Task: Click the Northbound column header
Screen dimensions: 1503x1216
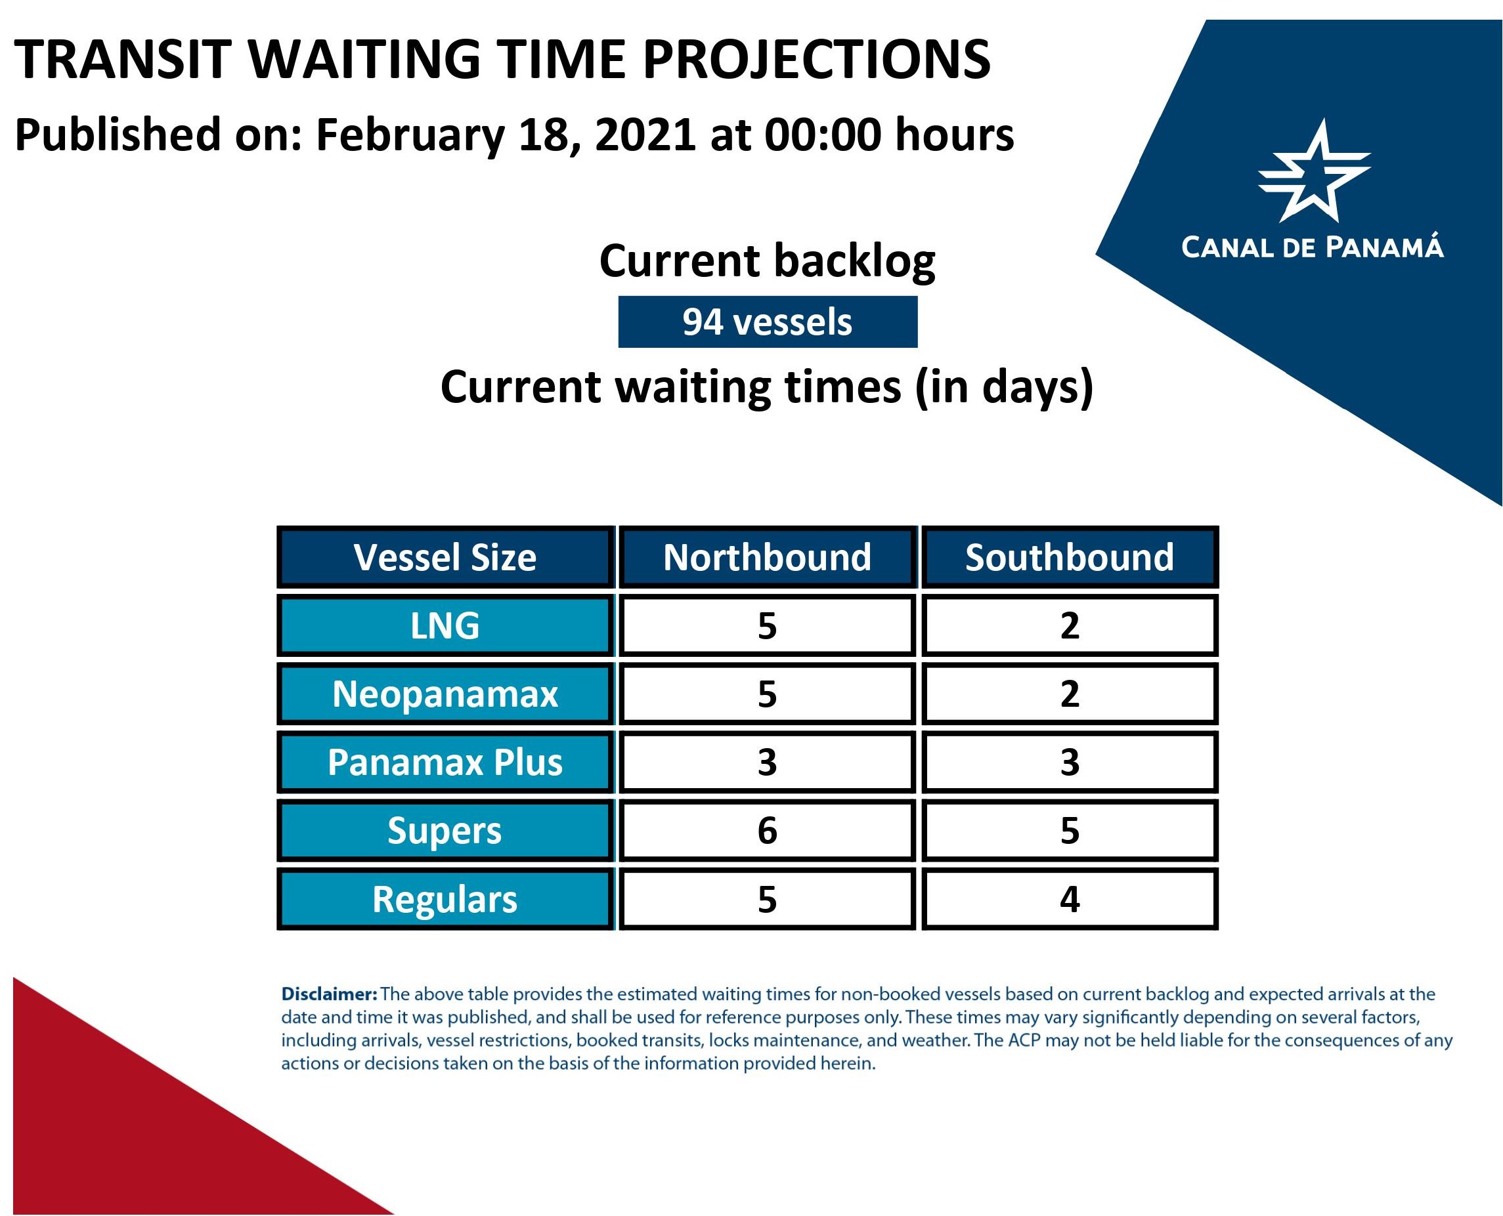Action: [x=768, y=557]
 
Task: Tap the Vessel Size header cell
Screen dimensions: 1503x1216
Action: [x=446, y=557]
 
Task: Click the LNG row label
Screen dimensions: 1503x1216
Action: [x=446, y=625]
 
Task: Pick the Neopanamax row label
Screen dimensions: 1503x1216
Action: [x=446, y=694]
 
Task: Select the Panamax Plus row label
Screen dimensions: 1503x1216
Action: [x=446, y=761]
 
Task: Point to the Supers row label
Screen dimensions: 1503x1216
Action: [x=446, y=830]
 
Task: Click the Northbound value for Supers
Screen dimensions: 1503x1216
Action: [x=768, y=830]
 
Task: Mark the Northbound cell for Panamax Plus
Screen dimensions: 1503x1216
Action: [x=768, y=761]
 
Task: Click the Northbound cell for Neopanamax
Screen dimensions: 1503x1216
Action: [x=768, y=694]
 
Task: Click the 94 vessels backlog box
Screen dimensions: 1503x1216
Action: [x=768, y=322]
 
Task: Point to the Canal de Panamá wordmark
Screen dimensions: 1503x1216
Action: [x=1313, y=247]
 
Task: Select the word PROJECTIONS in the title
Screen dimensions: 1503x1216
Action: [x=817, y=59]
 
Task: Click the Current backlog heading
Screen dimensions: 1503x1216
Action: [x=768, y=261]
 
